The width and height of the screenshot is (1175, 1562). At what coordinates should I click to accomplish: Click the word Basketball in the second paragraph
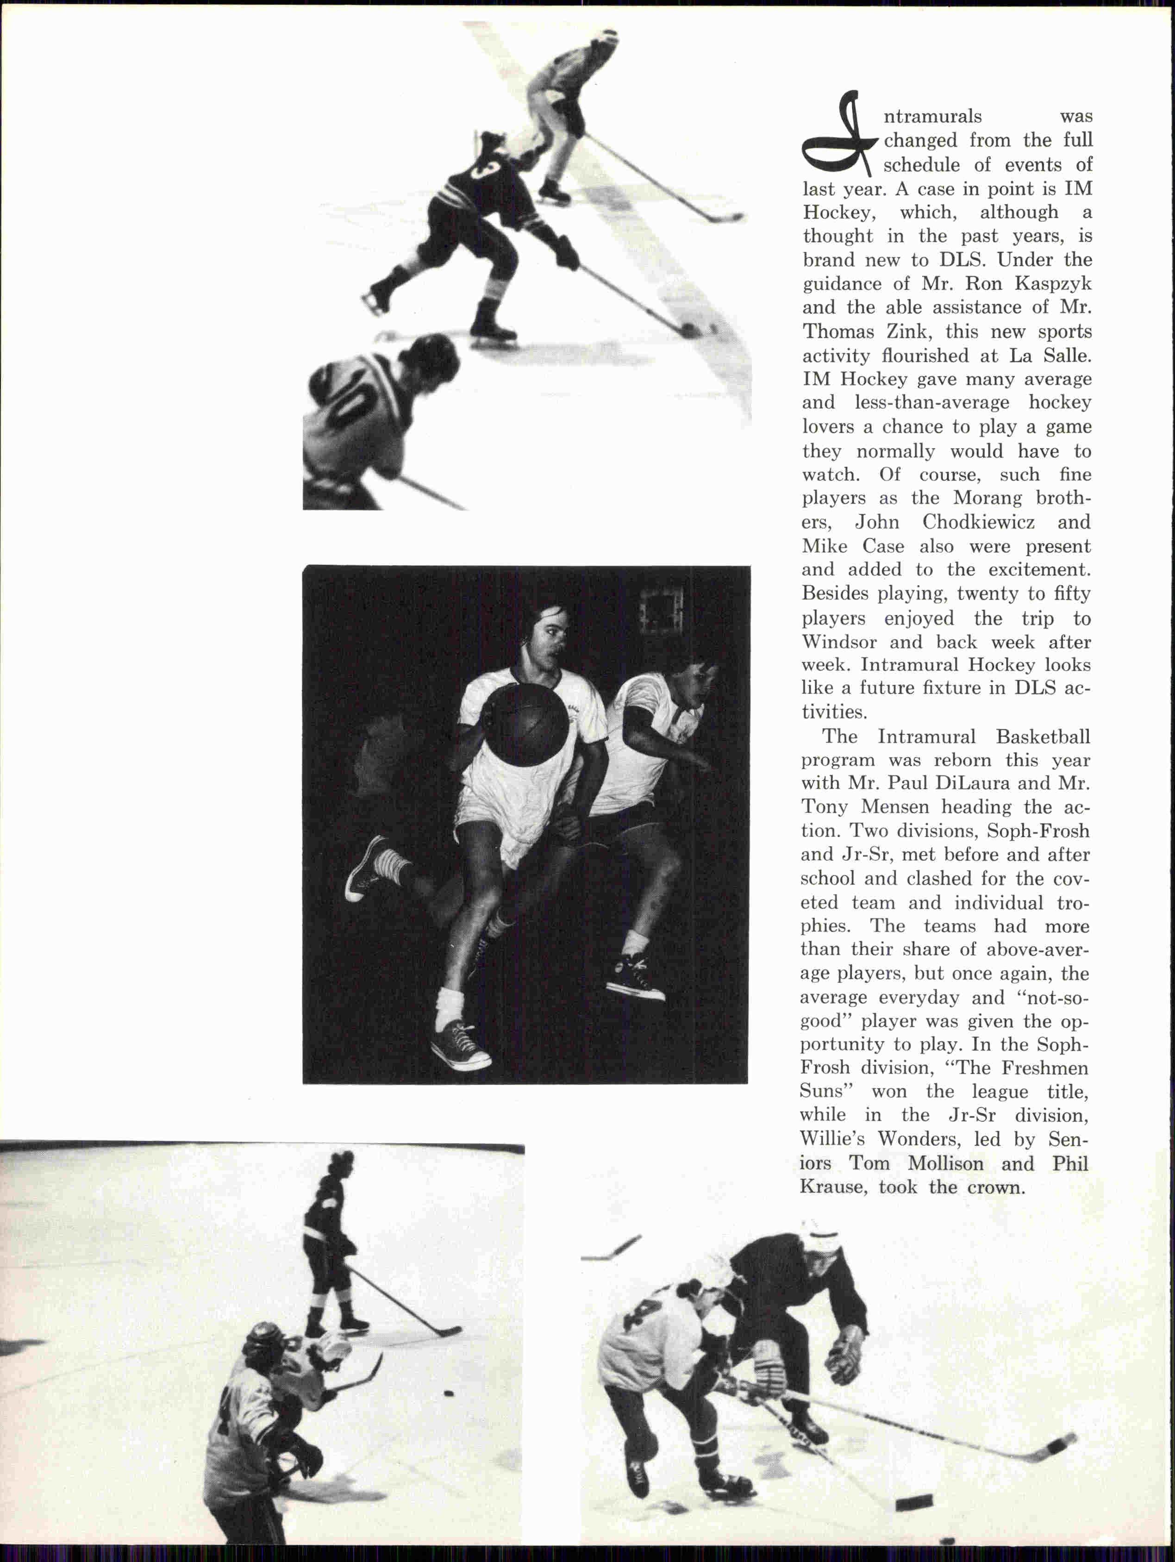[x=1043, y=737]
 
